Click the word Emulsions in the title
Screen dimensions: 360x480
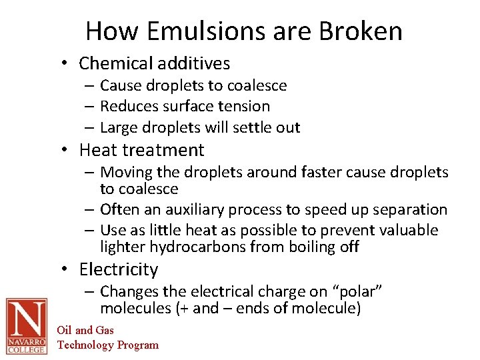(189, 31)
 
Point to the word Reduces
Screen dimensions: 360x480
(128, 106)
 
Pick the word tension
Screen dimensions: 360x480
(247, 106)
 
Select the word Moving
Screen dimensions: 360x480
(126, 173)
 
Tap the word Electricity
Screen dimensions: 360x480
(119, 269)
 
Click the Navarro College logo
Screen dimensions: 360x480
(27, 326)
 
